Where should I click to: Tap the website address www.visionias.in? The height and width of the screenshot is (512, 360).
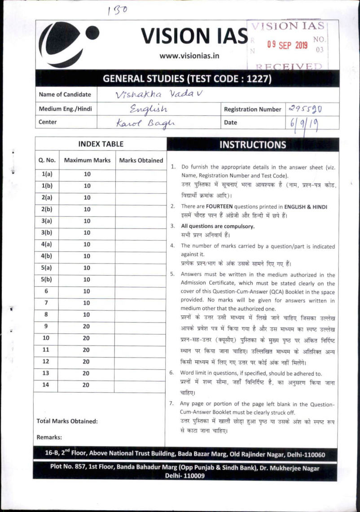[189, 56]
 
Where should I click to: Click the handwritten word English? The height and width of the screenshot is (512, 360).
[148, 109]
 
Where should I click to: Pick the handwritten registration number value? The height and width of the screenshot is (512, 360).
[306, 109]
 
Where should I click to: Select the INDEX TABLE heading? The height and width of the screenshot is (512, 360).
[101, 144]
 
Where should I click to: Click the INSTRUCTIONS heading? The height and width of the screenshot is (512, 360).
[252, 144]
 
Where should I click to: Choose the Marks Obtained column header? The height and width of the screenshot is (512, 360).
[140, 160]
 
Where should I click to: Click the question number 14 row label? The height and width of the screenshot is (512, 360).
[46, 385]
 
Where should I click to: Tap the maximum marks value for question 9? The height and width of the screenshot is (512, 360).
[87, 326]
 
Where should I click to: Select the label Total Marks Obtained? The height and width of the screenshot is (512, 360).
[67, 421]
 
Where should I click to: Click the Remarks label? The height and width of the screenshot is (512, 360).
[49, 437]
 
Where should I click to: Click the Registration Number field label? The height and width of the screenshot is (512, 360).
[252, 109]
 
